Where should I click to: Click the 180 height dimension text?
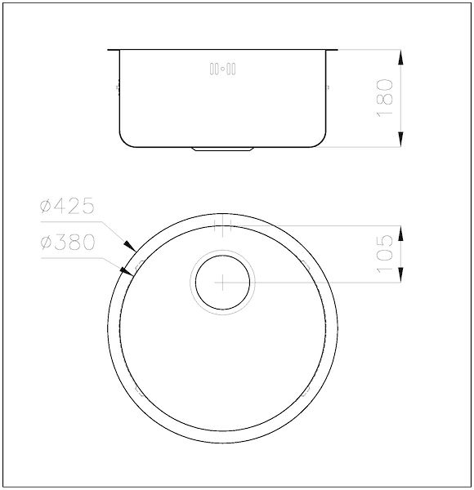click(x=384, y=98)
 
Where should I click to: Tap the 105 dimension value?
click(x=384, y=254)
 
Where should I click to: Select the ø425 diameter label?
click(x=67, y=206)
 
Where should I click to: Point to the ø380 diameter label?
click(x=67, y=243)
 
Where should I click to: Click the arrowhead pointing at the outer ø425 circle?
click(x=130, y=247)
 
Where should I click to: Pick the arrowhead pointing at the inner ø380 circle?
click(x=127, y=271)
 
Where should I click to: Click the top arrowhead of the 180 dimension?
click(x=400, y=57)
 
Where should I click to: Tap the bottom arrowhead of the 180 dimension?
click(x=400, y=139)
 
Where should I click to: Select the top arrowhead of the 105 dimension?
click(x=400, y=233)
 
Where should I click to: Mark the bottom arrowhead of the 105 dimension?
click(x=400, y=274)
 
